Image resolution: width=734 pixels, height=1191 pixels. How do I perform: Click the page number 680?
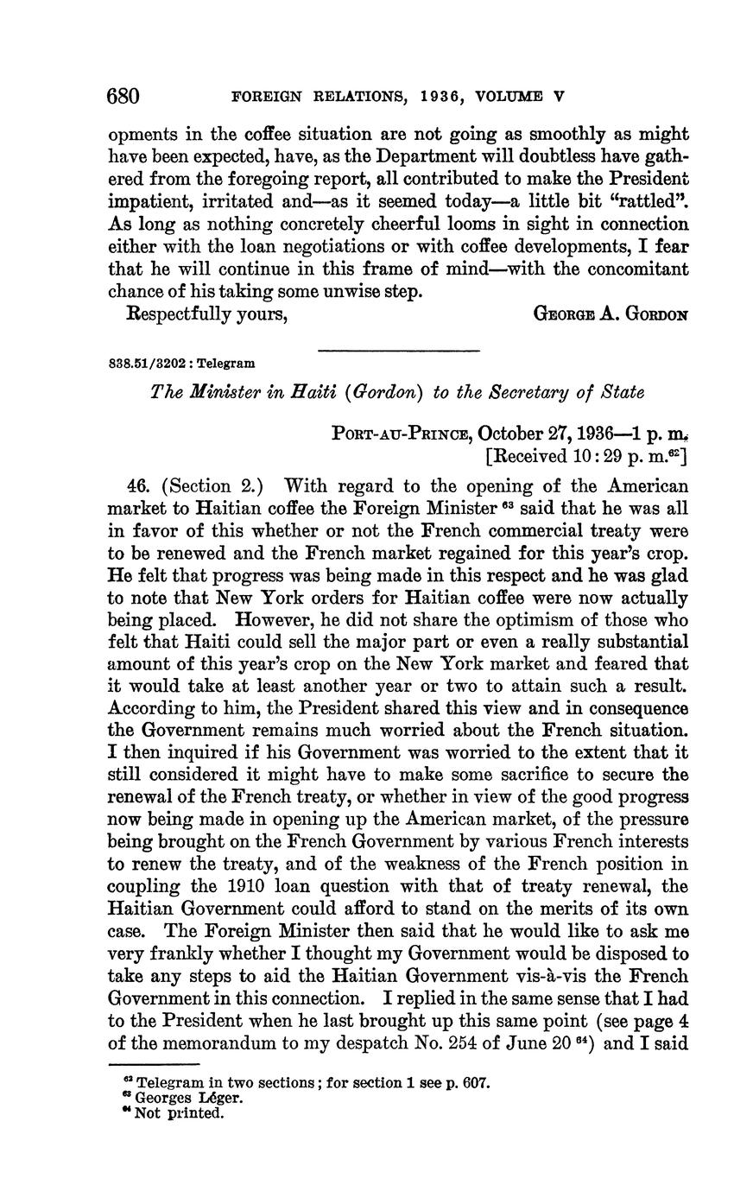coord(123,96)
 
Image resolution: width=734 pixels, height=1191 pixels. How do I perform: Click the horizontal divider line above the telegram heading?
coord(398,350)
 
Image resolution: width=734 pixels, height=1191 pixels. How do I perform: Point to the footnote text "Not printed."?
coord(180,1113)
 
